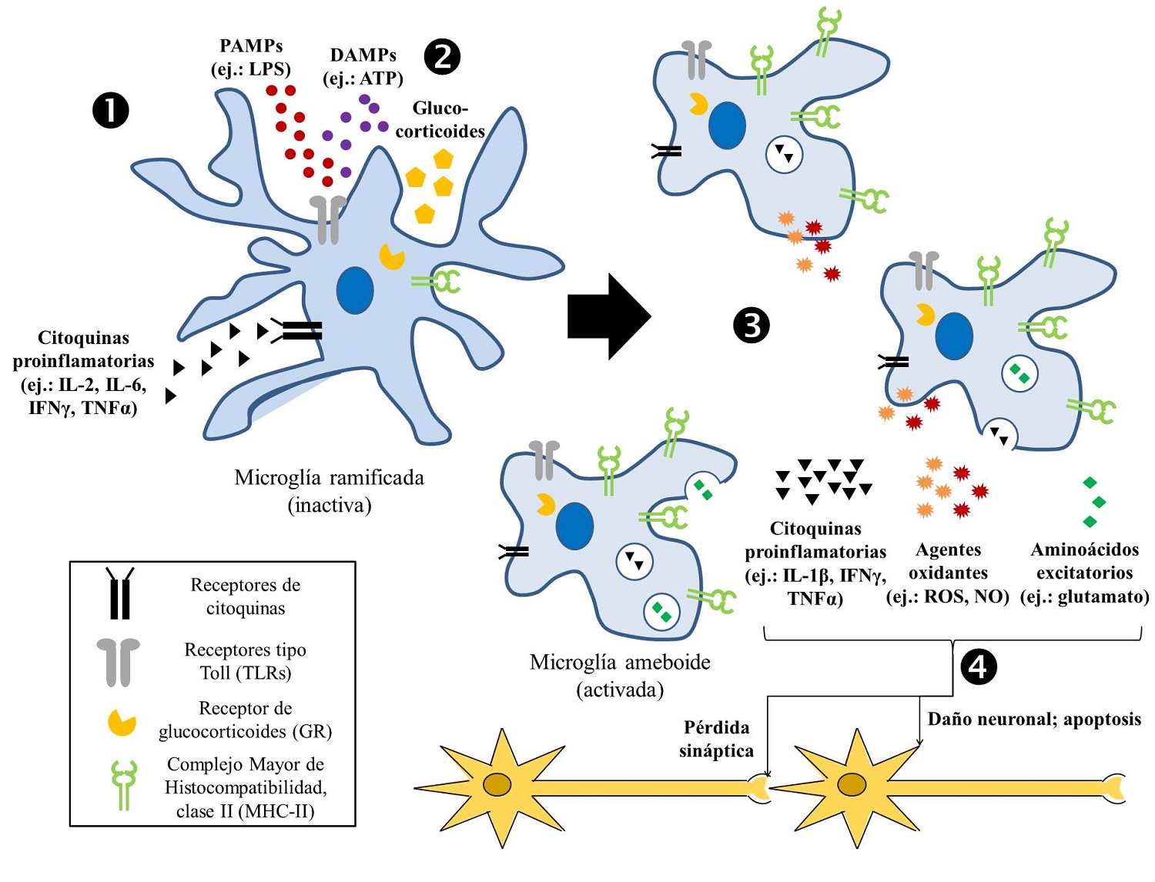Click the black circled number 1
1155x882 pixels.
coord(110,111)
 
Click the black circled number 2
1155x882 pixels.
coord(442,56)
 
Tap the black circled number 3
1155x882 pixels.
coord(752,325)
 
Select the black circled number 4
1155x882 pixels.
coord(978,666)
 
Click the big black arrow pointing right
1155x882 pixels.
coord(609,316)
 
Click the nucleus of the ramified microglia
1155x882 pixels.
coord(355,290)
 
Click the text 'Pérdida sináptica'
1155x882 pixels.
coord(716,739)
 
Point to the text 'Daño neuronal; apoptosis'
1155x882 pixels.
coord(1034,719)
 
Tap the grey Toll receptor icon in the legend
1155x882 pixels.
coord(119,661)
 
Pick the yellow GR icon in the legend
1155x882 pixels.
coord(122,722)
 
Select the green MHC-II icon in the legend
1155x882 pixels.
coord(123,784)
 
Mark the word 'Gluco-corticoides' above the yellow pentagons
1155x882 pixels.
coord(440,119)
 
